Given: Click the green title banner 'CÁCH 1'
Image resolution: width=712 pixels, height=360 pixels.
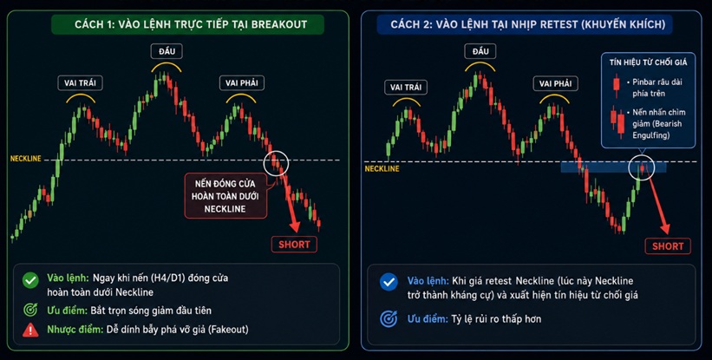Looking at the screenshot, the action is [187, 24].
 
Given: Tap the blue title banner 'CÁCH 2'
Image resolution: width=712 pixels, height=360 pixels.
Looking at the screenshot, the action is [525, 24].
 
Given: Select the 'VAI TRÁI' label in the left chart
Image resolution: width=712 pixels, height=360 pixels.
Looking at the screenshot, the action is [81, 83].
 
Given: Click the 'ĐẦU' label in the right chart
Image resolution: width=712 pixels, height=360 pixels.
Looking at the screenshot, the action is [480, 51].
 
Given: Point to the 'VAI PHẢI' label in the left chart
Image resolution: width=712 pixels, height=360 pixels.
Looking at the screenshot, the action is [242, 83].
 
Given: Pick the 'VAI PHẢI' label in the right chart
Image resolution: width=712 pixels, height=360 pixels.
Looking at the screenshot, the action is [555, 84].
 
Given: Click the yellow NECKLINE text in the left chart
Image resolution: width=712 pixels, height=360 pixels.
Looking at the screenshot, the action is [26, 159].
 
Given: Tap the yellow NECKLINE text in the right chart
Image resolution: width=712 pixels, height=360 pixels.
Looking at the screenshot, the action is [382, 168].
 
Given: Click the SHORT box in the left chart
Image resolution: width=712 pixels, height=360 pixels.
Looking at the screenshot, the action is [294, 245].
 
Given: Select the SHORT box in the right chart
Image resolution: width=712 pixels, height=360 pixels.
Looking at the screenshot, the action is [668, 246].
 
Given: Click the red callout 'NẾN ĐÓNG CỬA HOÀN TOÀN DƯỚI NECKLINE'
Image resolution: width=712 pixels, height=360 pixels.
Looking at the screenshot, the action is [225, 196].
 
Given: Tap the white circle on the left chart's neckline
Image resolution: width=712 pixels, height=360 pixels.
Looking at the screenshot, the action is [276, 162].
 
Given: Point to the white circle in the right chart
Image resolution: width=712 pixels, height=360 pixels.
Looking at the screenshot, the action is [641, 167].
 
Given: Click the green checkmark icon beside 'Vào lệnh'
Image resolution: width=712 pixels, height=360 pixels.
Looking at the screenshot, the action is [30, 281].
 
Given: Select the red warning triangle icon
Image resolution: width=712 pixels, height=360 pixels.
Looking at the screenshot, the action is [30, 330].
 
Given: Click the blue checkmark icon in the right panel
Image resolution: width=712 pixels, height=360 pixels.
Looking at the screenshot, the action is [389, 282].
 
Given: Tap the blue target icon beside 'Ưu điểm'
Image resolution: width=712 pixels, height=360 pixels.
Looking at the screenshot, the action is [389, 318].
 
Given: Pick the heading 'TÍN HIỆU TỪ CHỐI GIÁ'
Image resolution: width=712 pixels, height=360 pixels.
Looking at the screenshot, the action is [648, 62].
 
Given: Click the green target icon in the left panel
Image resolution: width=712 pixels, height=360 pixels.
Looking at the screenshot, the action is [30, 310].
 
